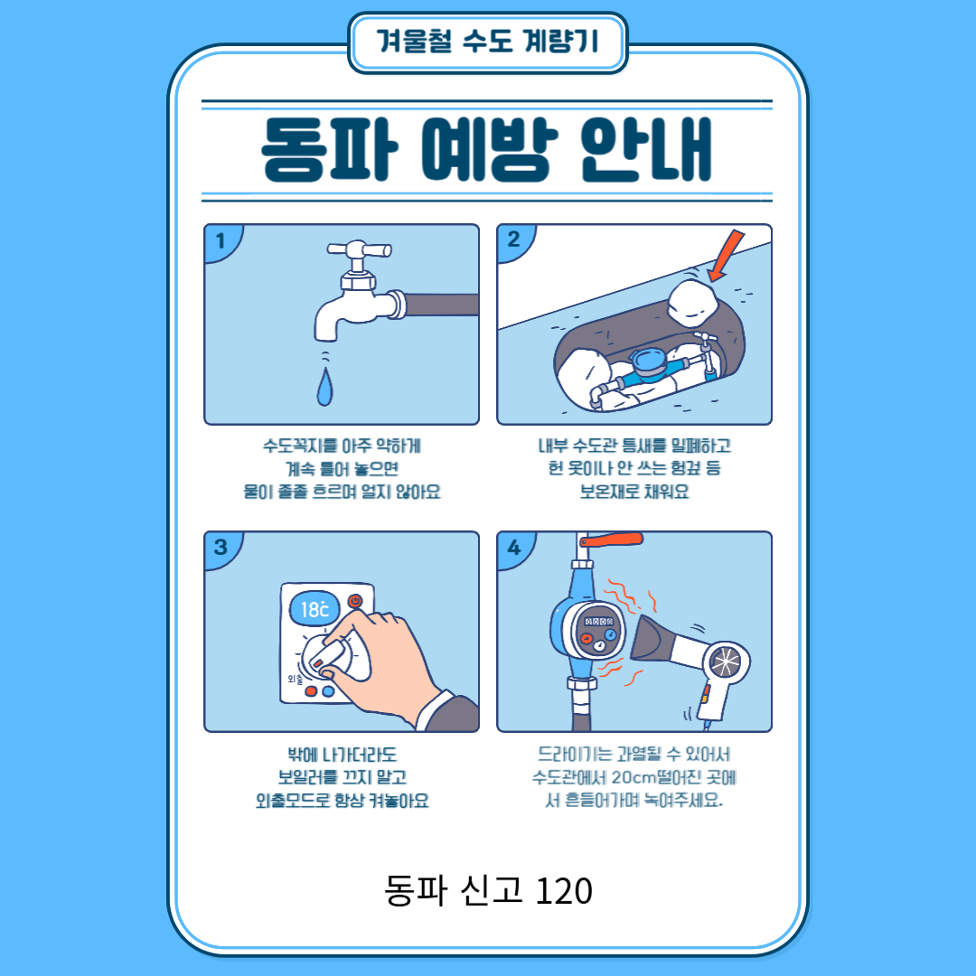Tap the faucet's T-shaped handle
[359, 250]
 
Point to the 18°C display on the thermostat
[314, 609]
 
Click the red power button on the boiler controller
[355, 601]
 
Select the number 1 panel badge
[221, 240]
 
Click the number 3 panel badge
[221, 547]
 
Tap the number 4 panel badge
[513, 547]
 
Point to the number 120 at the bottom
[563, 891]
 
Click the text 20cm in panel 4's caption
[633, 777]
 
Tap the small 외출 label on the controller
[295, 678]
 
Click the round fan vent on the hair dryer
[726, 661]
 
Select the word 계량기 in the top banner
[561, 42]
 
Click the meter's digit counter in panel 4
[598, 621]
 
